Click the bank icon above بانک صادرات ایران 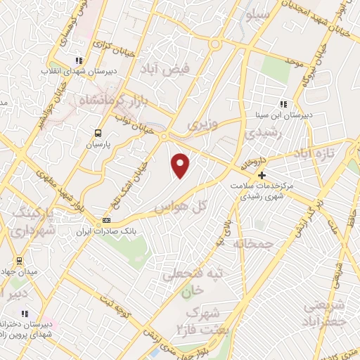(106, 221)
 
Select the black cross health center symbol (262, 175)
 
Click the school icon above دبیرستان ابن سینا (283, 104)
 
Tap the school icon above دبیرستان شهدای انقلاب (79, 60)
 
